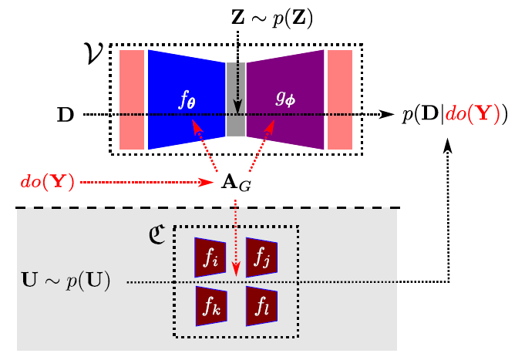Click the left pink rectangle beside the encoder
pos(132,99)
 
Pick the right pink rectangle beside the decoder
pos(339,99)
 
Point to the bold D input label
pos(66,116)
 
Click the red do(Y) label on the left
pos(47,183)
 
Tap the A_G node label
pos(235,183)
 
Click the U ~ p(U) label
pos(66,281)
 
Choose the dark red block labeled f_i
pos(210,257)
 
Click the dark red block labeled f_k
pos(210,306)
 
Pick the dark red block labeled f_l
pos(261,306)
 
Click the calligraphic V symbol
pos(94,52)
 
